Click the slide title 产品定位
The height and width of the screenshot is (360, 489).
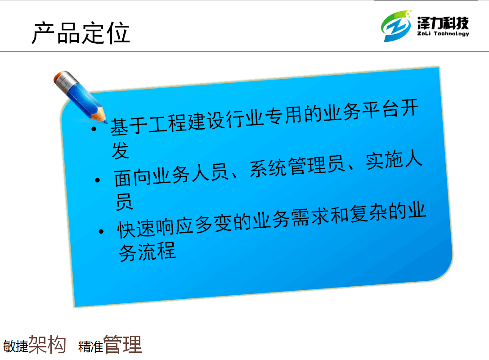pyautogui.click(x=81, y=33)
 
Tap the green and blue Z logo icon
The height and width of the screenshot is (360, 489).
pyautogui.click(x=396, y=26)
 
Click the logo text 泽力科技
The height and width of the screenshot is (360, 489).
pyautogui.click(x=443, y=23)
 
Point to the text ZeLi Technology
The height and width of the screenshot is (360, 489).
pyautogui.click(x=443, y=34)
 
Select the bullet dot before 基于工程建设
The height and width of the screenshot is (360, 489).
pyautogui.click(x=94, y=129)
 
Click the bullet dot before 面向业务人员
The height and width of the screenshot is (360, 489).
pyautogui.click(x=98, y=180)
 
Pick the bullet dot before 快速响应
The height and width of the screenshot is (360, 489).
pyautogui.click(x=101, y=231)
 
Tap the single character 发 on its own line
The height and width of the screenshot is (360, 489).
pyautogui.click(x=121, y=150)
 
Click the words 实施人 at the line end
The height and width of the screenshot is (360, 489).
pyautogui.click(x=394, y=160)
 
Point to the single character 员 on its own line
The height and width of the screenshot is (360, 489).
pyautogui.click(x=124, y=202)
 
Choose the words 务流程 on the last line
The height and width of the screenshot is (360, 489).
pyautogui.click(x=148, y=252)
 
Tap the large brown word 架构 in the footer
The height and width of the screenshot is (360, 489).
pyautogui.click(x=47, y=344)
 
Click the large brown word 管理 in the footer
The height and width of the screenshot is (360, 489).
pyautogui.click(x=122, y=344)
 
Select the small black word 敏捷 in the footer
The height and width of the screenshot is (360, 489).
pyautogui.click(x=16, y=346)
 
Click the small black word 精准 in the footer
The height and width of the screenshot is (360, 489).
pyautogui.click(x=91, y=346)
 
